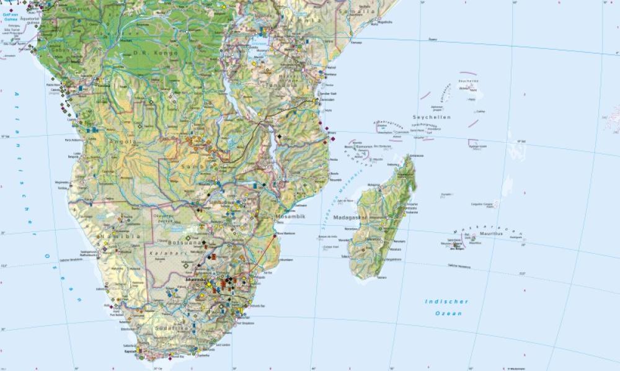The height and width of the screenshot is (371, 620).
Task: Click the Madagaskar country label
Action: point(350,218)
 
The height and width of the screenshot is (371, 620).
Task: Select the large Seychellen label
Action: point(433,117)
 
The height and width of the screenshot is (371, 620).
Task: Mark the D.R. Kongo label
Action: point(156,53)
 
